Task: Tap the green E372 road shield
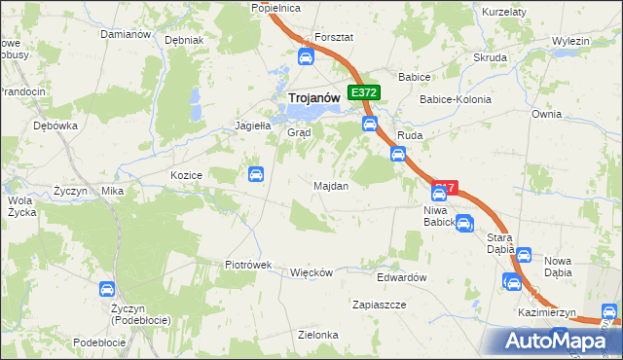point(364,92)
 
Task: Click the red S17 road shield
point(445,187)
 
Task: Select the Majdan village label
point(331,185)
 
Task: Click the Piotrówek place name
point(247,265)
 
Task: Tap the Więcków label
point(311,272)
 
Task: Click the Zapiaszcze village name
point(379,305)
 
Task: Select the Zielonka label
point(318,335)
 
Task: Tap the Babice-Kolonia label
point(455,100)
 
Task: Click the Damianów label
point(126,34)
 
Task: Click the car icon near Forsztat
point(305,57)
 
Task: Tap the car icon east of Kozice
point(255,175)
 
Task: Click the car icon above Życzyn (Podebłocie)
point(106,289)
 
